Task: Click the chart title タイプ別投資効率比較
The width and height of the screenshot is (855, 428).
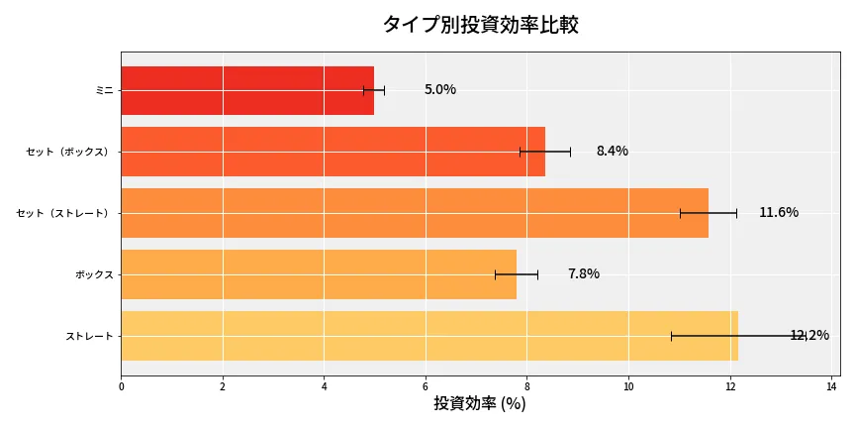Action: click(480, 25)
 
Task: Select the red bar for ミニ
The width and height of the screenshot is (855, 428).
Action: click(247, 90)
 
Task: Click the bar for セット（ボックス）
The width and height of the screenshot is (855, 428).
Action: click(332, 152)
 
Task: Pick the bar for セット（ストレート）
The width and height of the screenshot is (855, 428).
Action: click(415, 213)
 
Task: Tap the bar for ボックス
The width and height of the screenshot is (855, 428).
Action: click(319, 274)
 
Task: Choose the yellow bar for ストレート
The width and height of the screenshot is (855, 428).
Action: click(429, 336)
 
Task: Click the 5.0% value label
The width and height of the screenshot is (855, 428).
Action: click(440, 90)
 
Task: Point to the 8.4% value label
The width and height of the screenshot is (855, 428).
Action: click(612, 152)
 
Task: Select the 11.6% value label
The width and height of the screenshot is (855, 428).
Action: click(779, 213)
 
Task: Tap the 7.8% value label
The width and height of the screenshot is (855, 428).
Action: click(584, 274)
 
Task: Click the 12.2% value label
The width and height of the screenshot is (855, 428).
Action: click(809, 336)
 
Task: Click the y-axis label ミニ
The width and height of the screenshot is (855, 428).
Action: click(104, 90)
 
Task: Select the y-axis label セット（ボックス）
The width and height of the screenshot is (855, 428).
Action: click(68, 152)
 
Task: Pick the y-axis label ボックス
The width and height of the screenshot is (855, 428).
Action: click(94, 274)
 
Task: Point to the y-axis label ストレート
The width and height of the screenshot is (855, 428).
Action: click(89, 336)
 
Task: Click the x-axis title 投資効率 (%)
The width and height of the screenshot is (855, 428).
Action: click(480, 404)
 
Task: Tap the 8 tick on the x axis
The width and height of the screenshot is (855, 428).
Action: click(526, 386)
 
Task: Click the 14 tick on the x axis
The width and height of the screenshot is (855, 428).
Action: click(831, 386)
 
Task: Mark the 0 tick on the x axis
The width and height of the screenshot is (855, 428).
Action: click(121, 386)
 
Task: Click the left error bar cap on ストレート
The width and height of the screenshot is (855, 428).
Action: click(671, 336)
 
